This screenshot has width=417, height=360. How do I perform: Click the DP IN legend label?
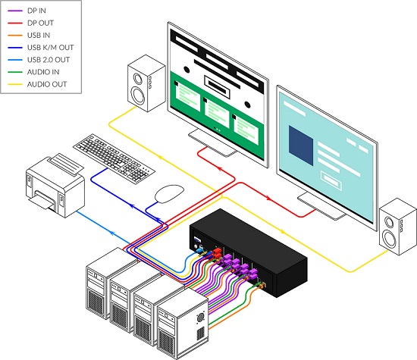click(36, 11)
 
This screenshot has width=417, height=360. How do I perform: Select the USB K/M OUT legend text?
click(50, 47)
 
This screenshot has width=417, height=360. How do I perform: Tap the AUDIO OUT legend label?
click(47, 84)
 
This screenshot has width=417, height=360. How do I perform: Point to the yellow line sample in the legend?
click(15, 85)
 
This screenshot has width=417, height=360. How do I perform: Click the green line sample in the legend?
click(15, 72)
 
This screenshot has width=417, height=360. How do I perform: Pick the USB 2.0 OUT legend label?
click(49, 60)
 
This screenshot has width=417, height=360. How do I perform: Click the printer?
click(55, 186)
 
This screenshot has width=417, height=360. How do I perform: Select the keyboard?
click(114, 158)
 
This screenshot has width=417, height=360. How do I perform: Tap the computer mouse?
click(169, 193)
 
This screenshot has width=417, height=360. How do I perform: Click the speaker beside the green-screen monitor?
click(146, 83)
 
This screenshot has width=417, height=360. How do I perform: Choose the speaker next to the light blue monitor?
click(398, 227)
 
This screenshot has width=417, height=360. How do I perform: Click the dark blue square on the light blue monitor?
click(301, 146)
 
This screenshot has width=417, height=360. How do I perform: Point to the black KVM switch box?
click(249, 252)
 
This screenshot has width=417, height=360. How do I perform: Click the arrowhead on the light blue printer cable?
click(111, 233)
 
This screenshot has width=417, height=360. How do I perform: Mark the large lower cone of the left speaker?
click(138, 95)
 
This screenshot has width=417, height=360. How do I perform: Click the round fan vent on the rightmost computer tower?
click(200, 318)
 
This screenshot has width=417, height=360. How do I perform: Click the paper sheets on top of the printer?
click(66, 164)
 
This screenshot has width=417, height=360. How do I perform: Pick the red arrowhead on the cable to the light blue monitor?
click(268, 198)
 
